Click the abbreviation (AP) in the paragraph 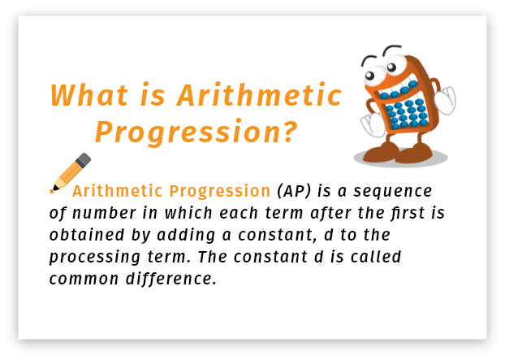(295, 192)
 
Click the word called (375, 258)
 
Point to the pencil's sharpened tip (54, 189)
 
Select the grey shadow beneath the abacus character (399, 158)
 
